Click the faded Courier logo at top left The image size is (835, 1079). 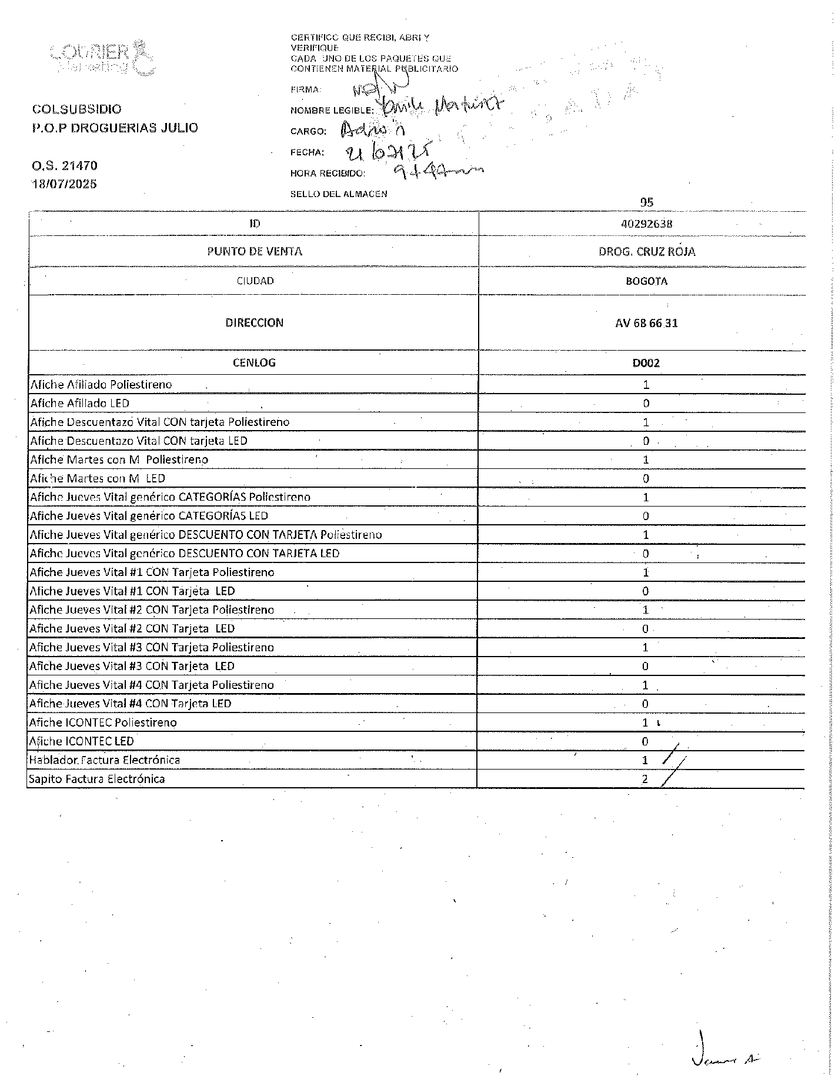[x=103, y=58]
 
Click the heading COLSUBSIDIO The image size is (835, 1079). [x=77, y=109]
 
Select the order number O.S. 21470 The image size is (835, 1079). [x=65, y=166]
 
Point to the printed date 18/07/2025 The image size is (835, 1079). [x=65, y=184]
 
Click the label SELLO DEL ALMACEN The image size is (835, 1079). [x=339, y=194]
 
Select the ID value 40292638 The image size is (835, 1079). [x=646, y=224]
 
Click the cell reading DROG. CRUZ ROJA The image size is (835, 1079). [x=646, y=252]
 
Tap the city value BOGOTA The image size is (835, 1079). [x=646, y=281]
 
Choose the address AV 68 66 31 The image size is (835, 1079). [x=646, y=323]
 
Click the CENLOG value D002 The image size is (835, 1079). [x=646, y=363]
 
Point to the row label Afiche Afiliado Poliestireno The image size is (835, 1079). [x=101, y=385]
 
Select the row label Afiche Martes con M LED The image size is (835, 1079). [x=98, y=478]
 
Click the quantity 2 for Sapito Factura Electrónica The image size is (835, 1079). [x=645, y=779]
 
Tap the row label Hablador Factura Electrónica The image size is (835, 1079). [x=105, y=760]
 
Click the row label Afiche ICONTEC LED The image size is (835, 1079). [x=82, y=741]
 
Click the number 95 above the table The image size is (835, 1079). [x=647, y=202]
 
